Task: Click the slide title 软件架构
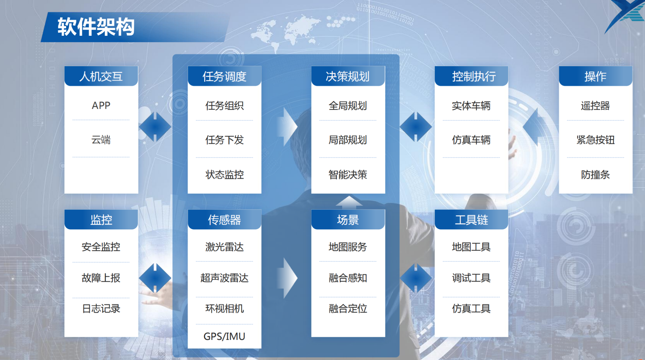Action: pos(96,27)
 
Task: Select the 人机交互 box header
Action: pos(101,76)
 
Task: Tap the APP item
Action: pos(101,105)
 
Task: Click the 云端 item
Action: pos(101,140)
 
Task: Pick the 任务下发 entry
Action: pos(224,140)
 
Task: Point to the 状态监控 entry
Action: pos(224,175)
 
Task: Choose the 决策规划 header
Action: pos(348,76)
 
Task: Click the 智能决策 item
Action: pos(348,175)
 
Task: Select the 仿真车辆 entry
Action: pos(471,140)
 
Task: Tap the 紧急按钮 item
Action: pos(595,140)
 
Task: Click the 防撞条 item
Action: pos(595,175)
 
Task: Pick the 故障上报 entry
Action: pos(101,278)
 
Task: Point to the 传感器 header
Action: pos(224,220)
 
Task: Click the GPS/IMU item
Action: pos(224,336)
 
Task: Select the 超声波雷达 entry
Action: pos(224,278)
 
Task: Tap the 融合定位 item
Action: pos(348,309)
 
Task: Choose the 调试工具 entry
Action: pos(471,278)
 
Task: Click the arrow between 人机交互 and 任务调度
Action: pos(155,127)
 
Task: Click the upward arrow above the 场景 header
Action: pos(349,202)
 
